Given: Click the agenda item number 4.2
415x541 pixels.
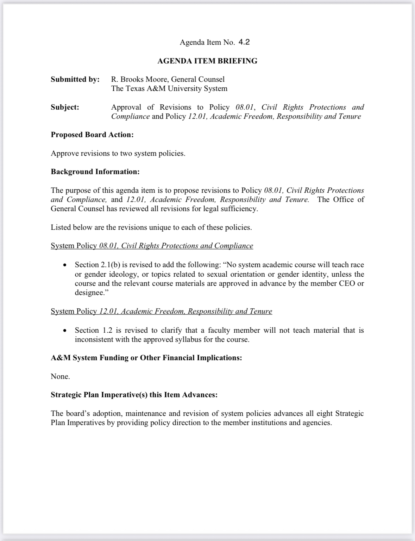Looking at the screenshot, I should tap(244, 42).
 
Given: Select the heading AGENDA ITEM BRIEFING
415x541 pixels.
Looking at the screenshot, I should tap(207, 61).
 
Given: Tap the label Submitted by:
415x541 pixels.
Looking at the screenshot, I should tap(75, 79).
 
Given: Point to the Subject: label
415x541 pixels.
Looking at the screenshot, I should tap(65, 107).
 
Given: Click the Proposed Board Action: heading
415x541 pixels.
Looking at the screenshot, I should tap(92, 135).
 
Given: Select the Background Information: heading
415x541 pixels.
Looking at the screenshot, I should tap(95, 172).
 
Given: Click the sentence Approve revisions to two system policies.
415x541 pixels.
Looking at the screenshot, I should tap(118, 153).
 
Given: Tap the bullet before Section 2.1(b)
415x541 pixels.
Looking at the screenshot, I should tap(64, 265).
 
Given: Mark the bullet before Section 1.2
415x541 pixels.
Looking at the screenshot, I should tap(64, 331).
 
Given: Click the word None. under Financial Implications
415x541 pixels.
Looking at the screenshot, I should tap(60, 376).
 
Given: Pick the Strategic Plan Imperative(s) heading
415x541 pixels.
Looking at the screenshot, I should tap(134, 395).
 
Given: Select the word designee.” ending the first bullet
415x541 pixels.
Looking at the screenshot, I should tap(89, 293).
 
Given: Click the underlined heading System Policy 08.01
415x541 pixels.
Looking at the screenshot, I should tap(152, 246).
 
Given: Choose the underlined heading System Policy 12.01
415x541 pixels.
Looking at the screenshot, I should tap(161, 311).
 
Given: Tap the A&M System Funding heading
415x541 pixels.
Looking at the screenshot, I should tap(146, 358).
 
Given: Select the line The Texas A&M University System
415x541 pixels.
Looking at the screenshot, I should tap(169, 88).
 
